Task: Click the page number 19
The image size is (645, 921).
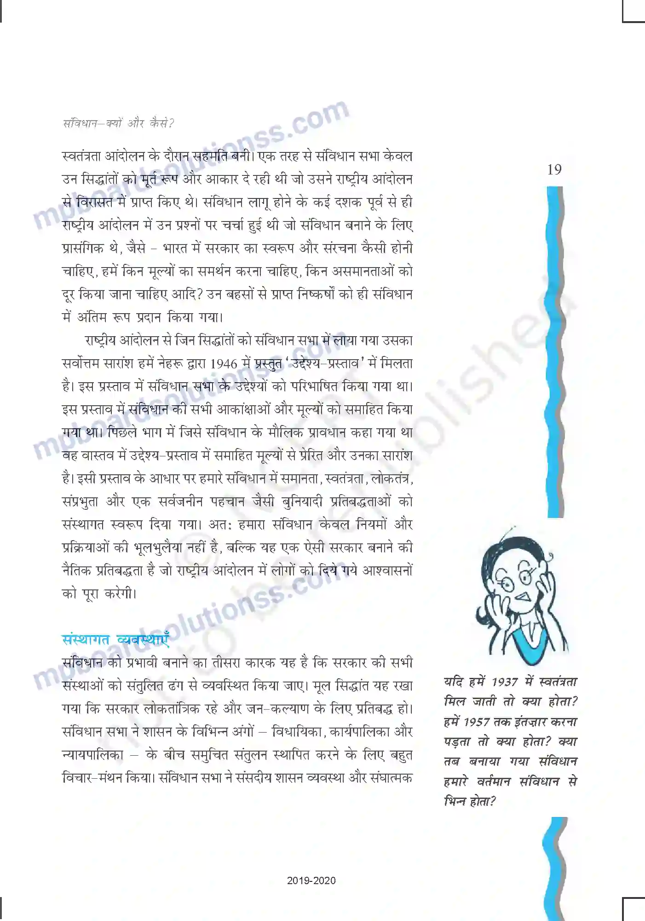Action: (x=554, y=170)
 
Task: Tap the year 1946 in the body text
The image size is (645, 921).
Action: (x=224, y=364)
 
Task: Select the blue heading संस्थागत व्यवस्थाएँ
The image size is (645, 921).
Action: (x=115, y=640)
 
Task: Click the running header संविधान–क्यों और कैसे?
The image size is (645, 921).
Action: (x=118, y=123)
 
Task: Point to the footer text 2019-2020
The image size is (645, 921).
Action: (x=311, y=880)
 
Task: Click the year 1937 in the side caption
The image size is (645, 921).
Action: (x=505, y=682)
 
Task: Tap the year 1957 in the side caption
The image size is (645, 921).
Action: (x=476, y=722)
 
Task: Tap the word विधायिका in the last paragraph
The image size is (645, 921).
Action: (x=299, y=732)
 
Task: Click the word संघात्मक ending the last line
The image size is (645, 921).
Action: (x=391, y=778)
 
